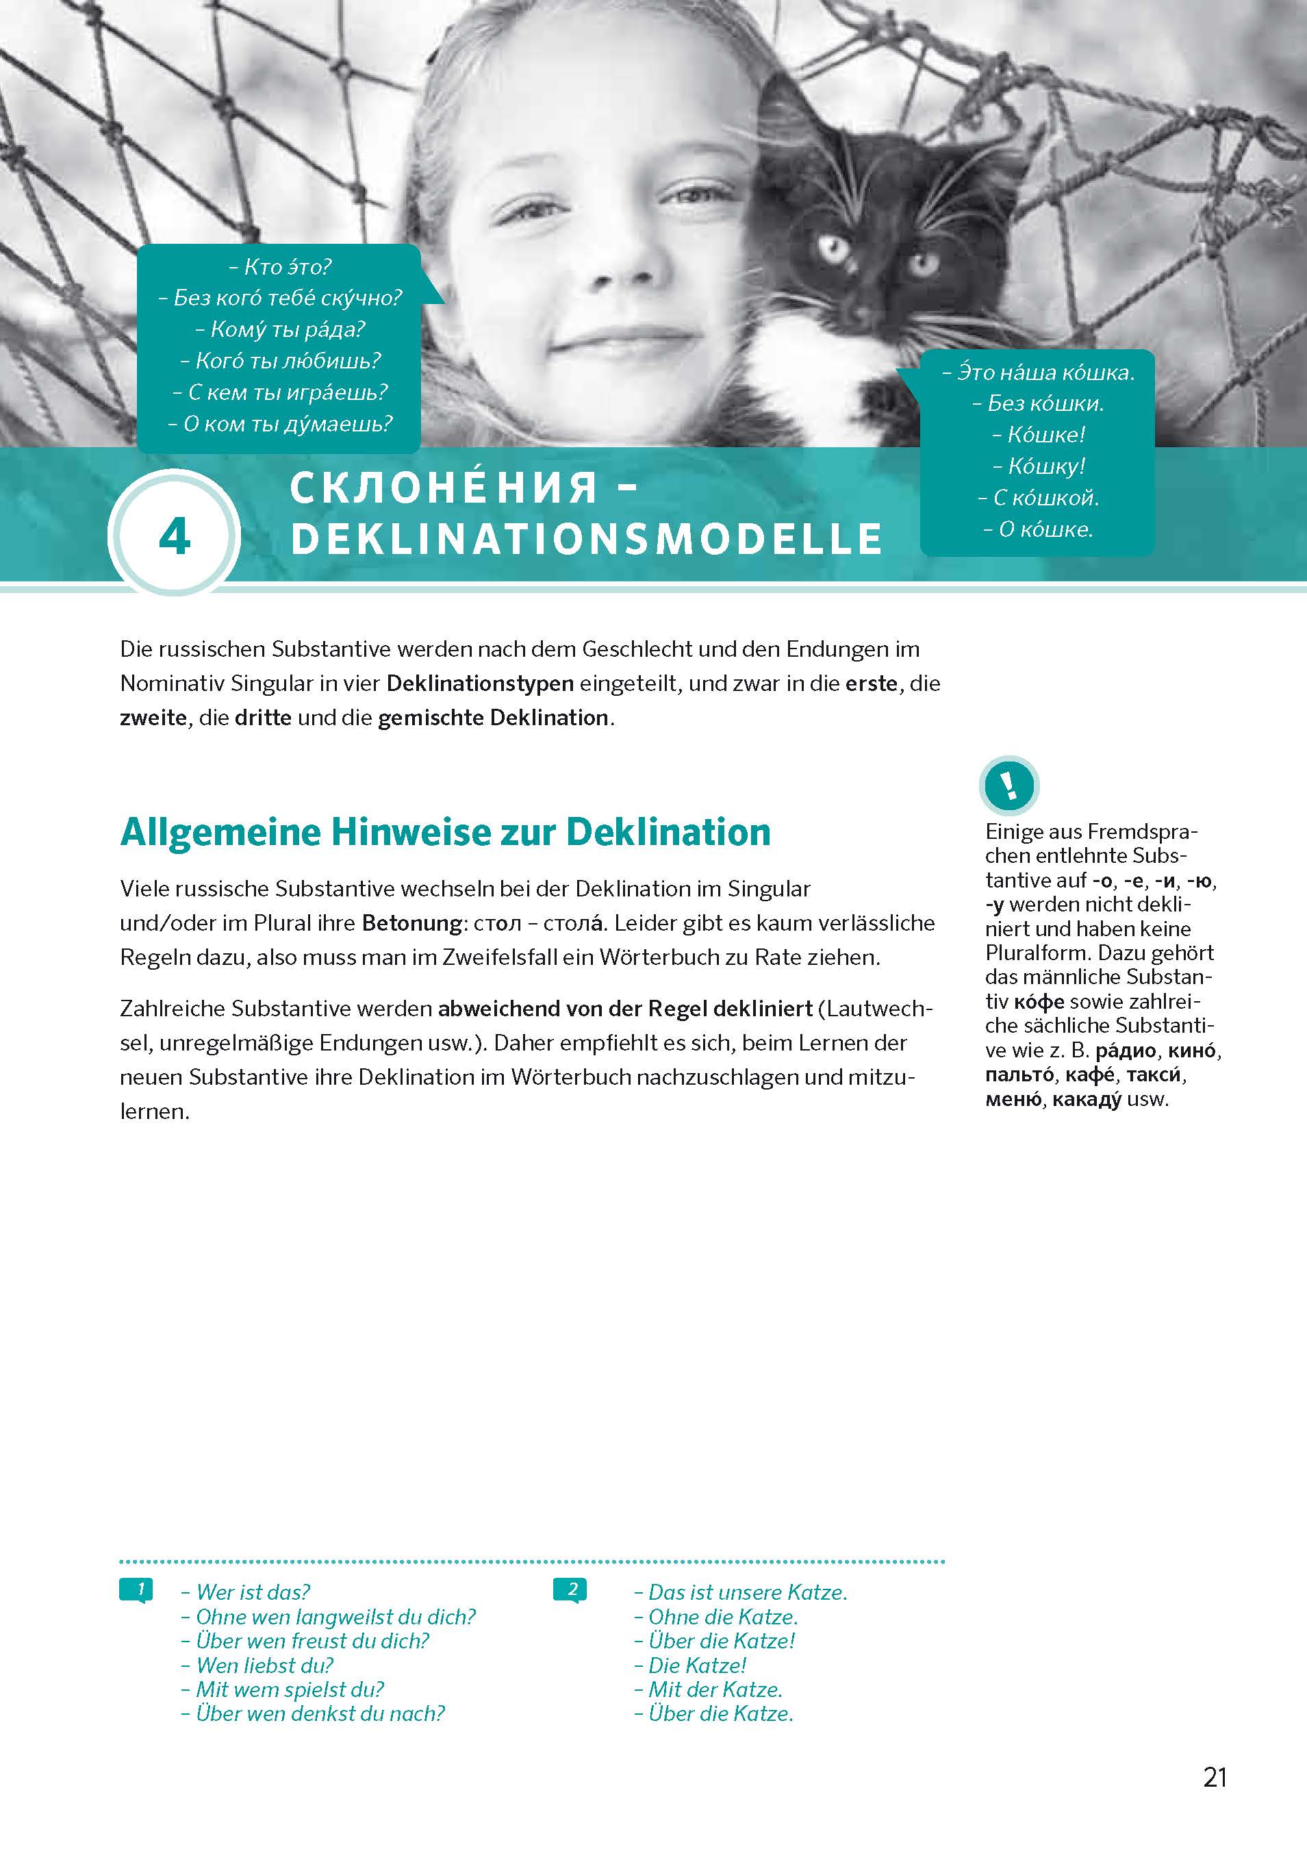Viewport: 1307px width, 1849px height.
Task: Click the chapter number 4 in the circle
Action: point(174,536)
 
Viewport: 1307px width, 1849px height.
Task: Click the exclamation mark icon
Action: point(1009,784)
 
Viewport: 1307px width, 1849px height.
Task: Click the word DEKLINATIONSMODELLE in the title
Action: point(586,539)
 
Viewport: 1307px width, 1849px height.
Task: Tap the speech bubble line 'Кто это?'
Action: point(280,266)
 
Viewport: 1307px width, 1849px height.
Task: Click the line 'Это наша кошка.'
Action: point(1038,372)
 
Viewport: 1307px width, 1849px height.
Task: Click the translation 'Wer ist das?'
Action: point(246,1592)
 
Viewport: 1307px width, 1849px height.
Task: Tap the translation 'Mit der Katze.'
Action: point(709,1689)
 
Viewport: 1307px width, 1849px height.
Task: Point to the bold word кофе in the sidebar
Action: point(1039,1002)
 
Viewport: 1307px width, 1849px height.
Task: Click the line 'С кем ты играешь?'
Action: point(280,392)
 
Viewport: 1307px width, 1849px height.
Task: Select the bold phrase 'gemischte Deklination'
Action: point(492,718)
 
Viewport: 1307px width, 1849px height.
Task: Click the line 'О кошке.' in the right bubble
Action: point(1038,529)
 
